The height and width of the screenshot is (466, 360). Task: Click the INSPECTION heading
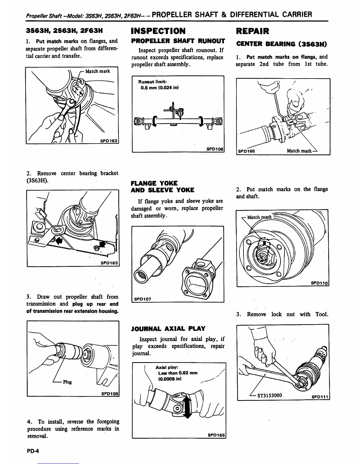(158, 31)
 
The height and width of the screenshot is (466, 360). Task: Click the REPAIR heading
(252, 31)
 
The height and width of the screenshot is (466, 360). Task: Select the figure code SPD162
(109, 141)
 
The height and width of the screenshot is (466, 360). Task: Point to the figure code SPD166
(246, 151)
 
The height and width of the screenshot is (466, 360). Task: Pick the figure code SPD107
(143, 299)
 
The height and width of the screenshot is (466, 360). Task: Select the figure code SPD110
(319, 283)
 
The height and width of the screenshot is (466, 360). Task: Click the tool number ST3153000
(270, 395)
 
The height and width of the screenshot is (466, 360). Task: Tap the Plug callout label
(67, 382)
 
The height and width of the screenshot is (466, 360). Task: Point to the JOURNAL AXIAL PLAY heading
(168, 329)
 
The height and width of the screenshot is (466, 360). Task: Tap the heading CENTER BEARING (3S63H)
(282, 44)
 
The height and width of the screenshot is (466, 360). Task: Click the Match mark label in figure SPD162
(97, 71)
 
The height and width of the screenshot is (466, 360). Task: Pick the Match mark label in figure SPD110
(259, 217)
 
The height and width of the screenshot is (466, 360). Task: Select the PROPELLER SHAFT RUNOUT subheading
(178, 41)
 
